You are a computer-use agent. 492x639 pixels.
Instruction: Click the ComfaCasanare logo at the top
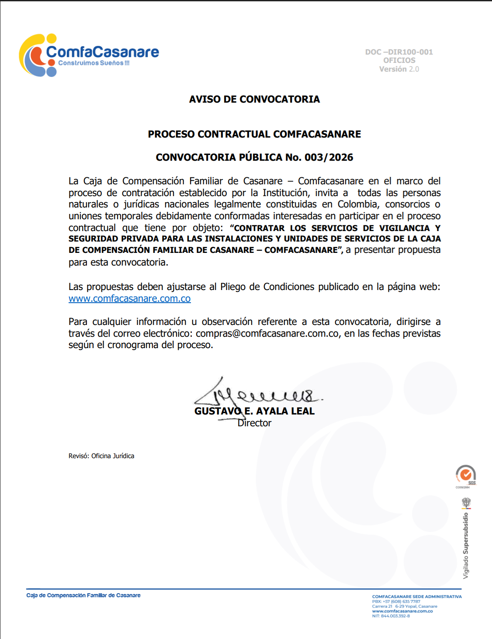coord(89,55)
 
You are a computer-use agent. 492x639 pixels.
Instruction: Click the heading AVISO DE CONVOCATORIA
coord(254,100)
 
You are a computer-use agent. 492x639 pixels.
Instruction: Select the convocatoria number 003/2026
coord(329,157)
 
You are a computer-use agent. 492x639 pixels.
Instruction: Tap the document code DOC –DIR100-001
coord(399,52)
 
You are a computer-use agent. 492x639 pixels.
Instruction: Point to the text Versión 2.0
coord(399,69)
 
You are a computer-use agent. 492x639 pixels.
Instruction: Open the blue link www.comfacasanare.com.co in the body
coord(129,299)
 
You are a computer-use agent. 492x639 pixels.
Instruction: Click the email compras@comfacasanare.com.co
coord(267,334)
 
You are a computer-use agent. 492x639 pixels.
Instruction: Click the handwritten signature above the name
coord(258,393)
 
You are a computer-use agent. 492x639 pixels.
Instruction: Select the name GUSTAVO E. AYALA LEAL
coord(254,411)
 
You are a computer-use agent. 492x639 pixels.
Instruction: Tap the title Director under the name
coord(254,423)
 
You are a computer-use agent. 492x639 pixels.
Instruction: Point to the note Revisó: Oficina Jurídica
coord(101,456)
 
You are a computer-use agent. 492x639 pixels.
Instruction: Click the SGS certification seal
coord(466,475)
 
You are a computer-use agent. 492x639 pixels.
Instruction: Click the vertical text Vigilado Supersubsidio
coord(466,546)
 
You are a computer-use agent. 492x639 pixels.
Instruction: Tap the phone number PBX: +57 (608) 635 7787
coord(396,601)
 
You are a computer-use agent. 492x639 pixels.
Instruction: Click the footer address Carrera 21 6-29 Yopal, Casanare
coord(404,606)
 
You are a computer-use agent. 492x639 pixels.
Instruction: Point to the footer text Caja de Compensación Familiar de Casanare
coord(83,595)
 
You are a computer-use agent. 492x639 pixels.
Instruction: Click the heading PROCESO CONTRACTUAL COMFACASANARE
coord(254,134)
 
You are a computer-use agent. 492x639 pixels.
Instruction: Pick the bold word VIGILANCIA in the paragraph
coord(404,228)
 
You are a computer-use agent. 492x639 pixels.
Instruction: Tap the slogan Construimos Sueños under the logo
coord(94,63)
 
